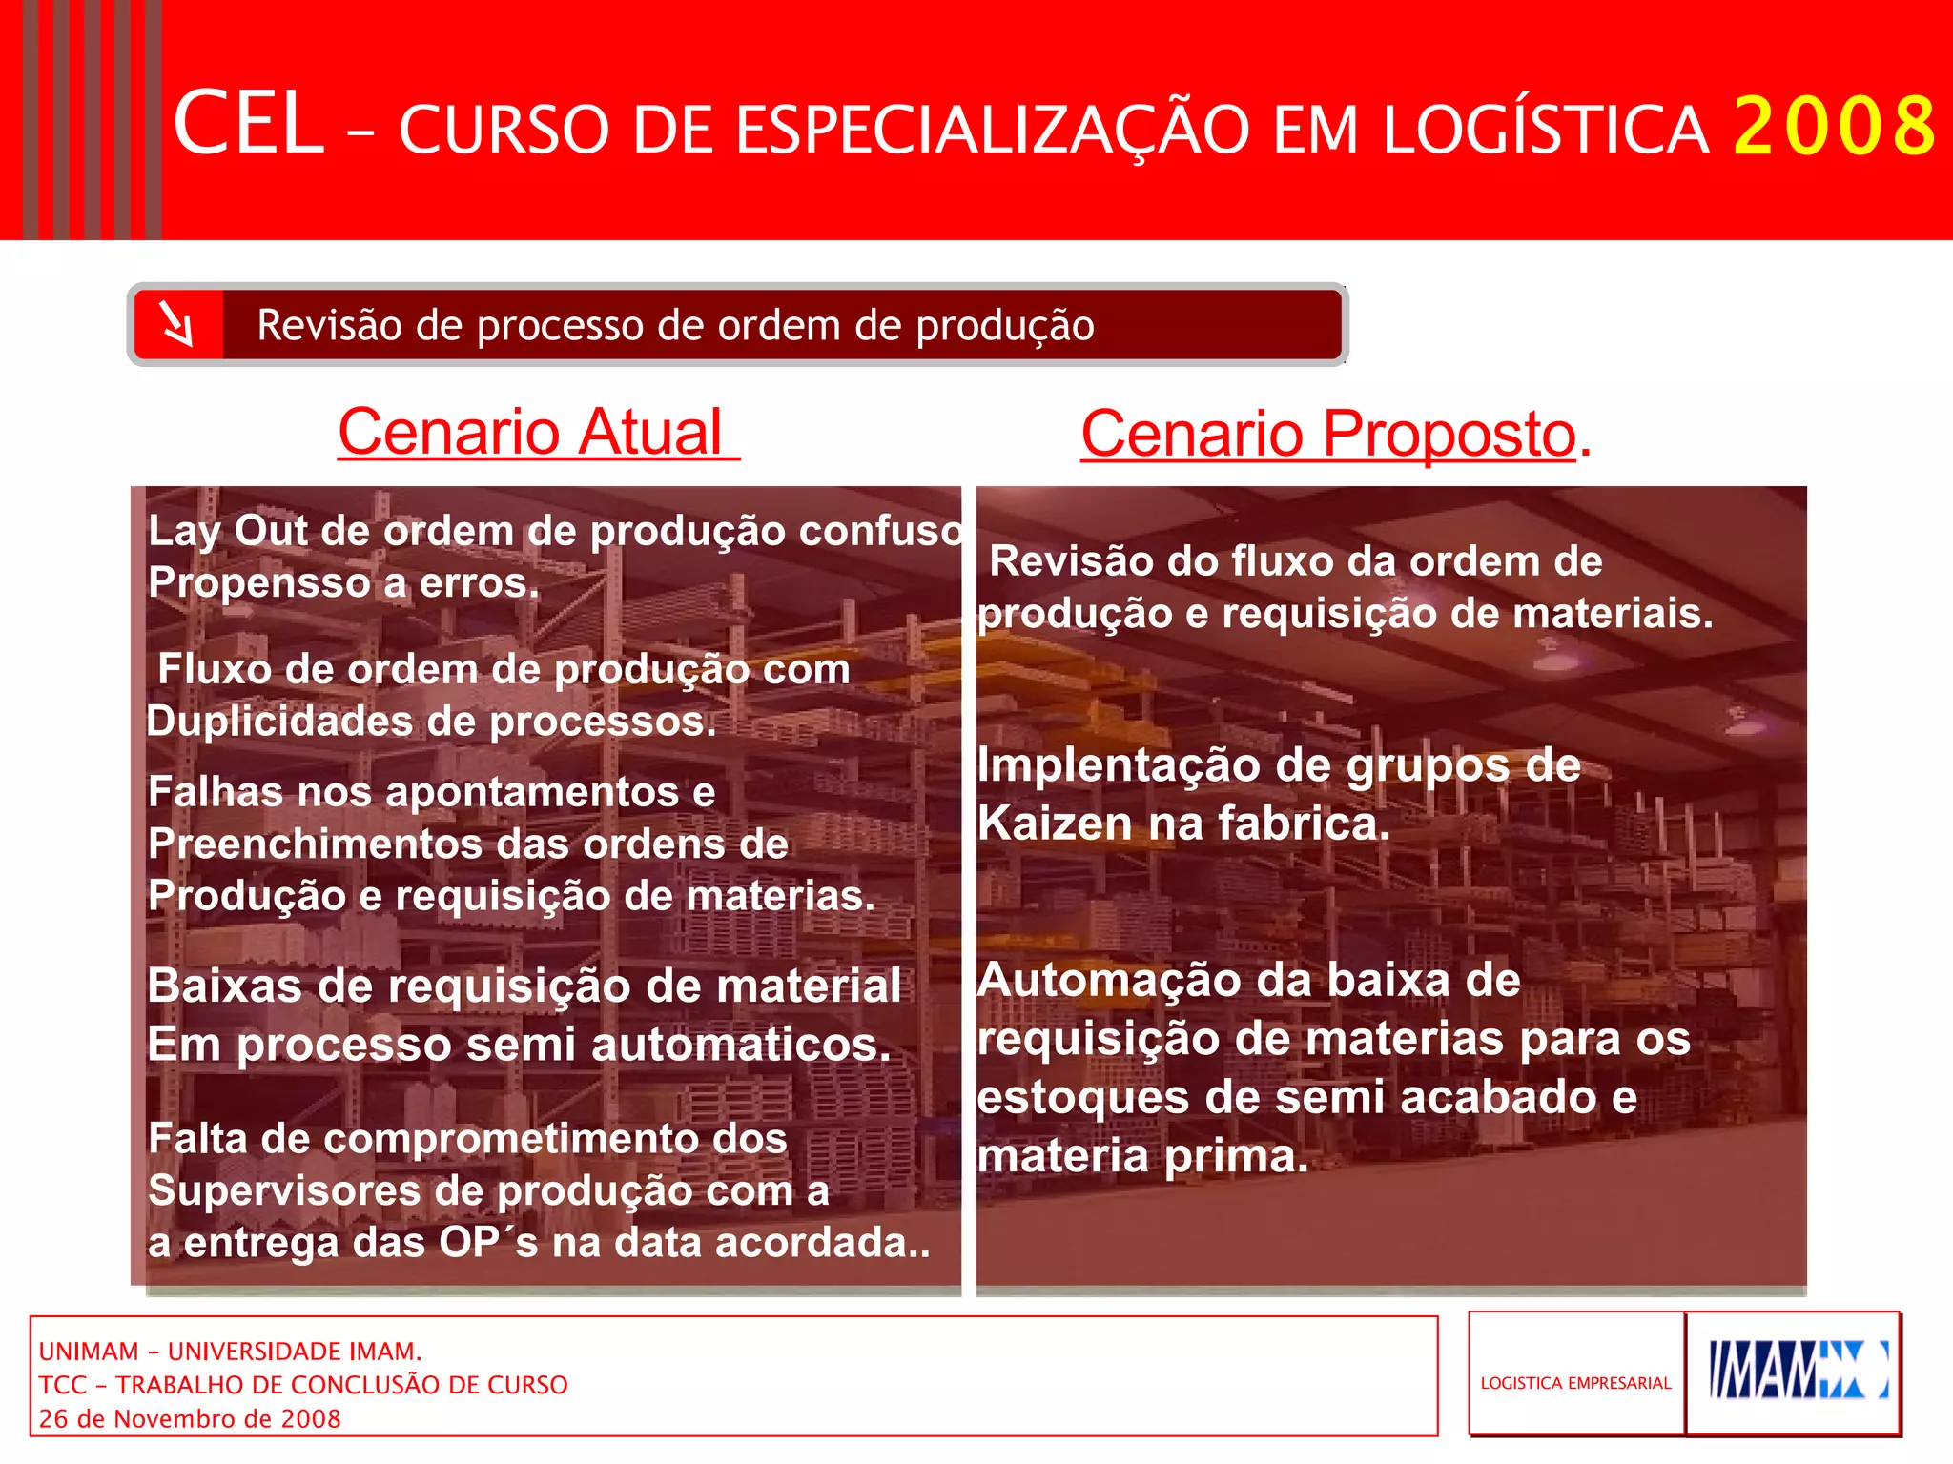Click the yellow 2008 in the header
1834,127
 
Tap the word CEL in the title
249,123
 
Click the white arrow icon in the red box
177,324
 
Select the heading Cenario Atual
537,432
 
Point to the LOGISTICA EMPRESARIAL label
1575,1383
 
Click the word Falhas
215,792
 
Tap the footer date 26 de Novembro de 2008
190,1419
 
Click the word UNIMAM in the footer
89,1352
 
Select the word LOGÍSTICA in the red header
1545,131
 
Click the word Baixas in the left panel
225,986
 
